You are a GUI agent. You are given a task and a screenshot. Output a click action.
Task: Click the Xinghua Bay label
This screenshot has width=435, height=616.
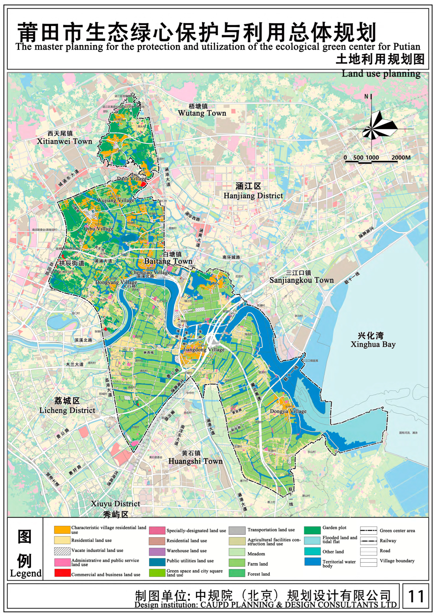(x=373, y=344)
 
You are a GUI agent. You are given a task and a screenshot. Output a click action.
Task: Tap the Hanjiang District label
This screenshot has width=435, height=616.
(x=253, y=196)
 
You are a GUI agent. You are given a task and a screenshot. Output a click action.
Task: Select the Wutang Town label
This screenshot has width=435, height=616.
(x=202, y=113)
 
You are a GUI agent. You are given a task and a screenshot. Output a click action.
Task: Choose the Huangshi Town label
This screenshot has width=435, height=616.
(x=195, y=461)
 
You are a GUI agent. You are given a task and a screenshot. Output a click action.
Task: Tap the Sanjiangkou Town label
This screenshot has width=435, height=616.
(x=301, y=280)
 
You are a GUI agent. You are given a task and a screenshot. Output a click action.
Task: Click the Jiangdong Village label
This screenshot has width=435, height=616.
(x=204, y=350)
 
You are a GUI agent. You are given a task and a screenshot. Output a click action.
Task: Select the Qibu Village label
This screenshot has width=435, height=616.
(x=98, y=229)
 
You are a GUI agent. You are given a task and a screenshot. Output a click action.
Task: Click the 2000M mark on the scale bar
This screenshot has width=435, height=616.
(x=401, y=158)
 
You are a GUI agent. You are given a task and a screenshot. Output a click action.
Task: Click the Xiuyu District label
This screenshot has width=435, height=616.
(x=115, y=504)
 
